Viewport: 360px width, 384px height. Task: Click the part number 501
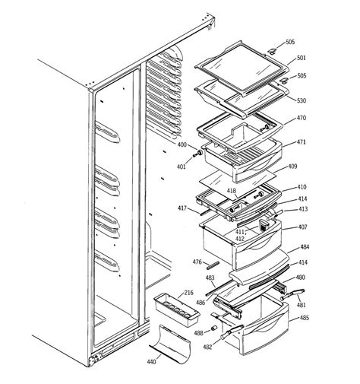point(301,58)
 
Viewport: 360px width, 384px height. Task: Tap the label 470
point(301,118)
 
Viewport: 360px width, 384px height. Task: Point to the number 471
point(301,142)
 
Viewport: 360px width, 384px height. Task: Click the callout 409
point(292,166)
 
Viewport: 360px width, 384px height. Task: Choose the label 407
point(302,227)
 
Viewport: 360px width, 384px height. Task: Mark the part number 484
point(304,247)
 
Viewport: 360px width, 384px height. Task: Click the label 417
point(182,207)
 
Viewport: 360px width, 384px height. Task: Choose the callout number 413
point(302,208)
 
